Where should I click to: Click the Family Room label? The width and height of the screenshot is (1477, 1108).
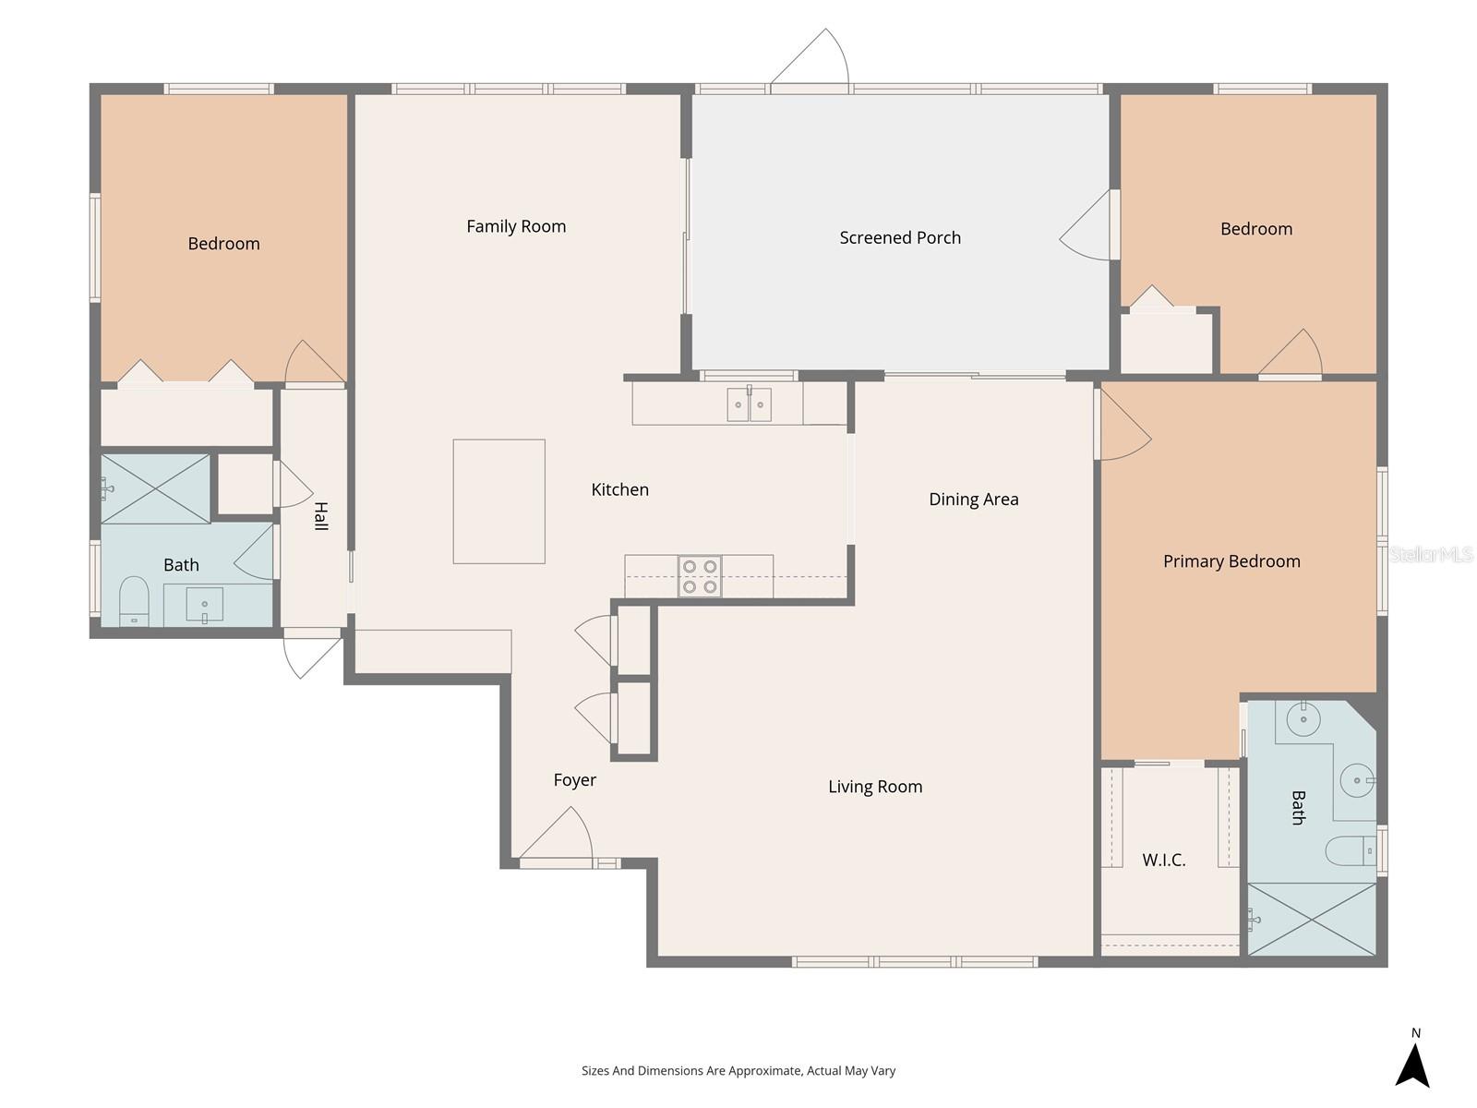click(x=516, y=226)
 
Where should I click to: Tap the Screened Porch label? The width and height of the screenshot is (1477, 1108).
click(x=900, y=237)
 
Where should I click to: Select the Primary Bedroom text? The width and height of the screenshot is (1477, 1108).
click(x=1231, y=560)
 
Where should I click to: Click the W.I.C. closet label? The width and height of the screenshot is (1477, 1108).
click(x=1163, y=860)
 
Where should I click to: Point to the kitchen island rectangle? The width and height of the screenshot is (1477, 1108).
click(x=498, y=501)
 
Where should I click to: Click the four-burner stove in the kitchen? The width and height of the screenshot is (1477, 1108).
click(x=700, y=576)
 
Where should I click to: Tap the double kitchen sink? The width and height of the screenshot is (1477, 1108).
click(x=749, y=404)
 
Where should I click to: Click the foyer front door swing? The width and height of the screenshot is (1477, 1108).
click(x=558, y=836)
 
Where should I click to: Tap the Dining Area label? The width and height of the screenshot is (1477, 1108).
click(x=973, y=500)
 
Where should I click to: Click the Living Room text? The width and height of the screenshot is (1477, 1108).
click(x=874, y=787)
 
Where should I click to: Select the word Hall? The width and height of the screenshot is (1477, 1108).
click(x=320, y=515)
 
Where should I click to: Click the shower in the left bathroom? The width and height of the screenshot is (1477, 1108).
click(x=155, y=488)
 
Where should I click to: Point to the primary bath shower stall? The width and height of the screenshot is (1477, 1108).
click(x=1311, y=919)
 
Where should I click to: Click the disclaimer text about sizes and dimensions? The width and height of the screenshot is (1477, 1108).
click(x=738, y=1071)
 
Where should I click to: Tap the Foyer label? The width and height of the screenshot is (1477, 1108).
click(x=574, y=780)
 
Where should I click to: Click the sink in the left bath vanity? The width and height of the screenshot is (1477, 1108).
click(x=204, y=605)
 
